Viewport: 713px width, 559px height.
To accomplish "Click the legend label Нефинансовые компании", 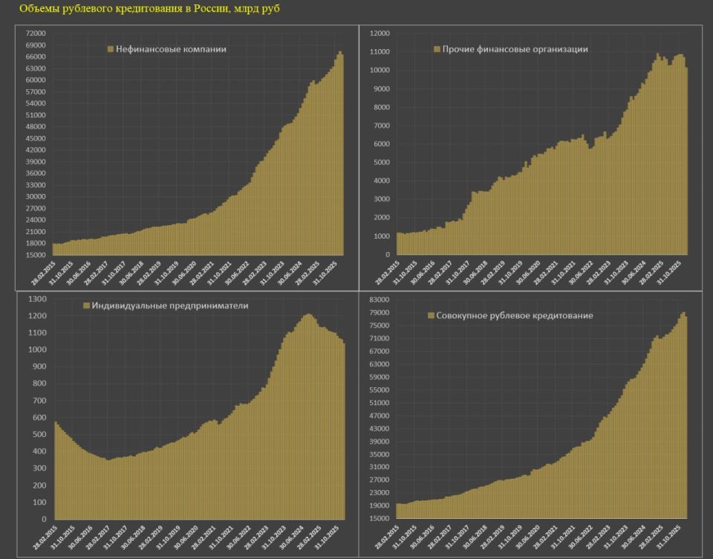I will click(171, 49).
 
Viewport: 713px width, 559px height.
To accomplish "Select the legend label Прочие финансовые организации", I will click(515, 49).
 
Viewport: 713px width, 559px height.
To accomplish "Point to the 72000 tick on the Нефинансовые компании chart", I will click(36, 33).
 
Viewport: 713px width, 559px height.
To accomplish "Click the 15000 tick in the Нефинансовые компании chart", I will click(36, 255).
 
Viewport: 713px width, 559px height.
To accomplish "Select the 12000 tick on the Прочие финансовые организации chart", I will click(380, 33).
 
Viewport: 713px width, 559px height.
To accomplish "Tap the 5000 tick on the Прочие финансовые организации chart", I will click(381, 163).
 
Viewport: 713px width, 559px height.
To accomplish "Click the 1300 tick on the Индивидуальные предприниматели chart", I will click(38, 299).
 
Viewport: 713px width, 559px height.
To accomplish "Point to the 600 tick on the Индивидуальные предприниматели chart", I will click(40, 418).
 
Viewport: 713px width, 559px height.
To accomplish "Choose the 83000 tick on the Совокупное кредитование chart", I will click(380, 299).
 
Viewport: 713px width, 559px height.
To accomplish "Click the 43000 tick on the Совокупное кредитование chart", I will click(380, 428).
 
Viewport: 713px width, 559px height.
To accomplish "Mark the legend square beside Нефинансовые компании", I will click(111, 50).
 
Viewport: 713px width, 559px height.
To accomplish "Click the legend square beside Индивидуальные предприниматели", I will click(86, 306).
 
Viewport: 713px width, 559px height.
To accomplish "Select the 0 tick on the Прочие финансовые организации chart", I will click(388, 255).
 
